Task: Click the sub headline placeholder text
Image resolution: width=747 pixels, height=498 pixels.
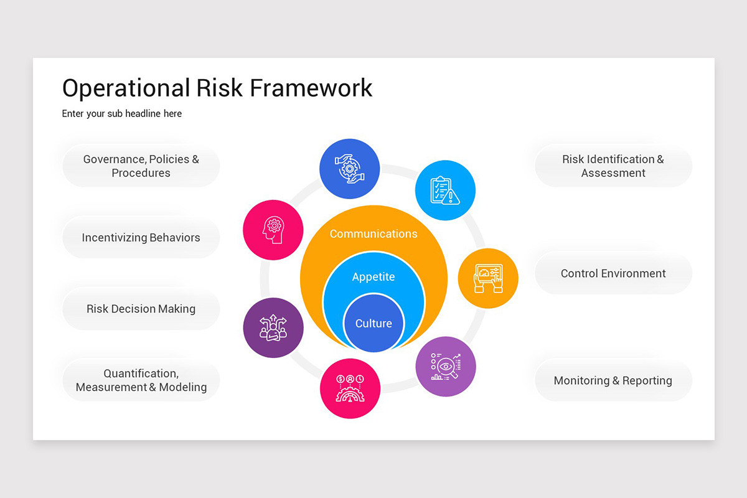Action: click(122, 114)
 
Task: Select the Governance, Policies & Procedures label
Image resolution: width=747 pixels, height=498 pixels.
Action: click(141, 166)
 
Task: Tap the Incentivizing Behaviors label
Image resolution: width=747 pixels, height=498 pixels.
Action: click(141, 238)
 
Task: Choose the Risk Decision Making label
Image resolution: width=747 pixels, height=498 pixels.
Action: click(141, 309)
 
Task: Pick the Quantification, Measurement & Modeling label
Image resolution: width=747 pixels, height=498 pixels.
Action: click(141, 380)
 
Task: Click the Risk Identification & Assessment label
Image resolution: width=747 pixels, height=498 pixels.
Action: click(613, 166)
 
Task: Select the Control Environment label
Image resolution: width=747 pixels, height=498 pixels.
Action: click(613, 273)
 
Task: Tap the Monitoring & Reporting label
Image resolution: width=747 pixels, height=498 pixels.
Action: click(613, 380)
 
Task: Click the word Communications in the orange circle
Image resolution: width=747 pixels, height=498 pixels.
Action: click(374, 234)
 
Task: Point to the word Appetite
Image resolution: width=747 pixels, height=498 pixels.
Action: click(374, 277)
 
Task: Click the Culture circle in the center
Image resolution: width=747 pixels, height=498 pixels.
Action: click(374, 324)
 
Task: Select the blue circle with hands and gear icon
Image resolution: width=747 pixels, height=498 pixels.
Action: click(349, 169)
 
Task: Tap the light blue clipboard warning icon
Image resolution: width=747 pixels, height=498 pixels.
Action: click(445, 190)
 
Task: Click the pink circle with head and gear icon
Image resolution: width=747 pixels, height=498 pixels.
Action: click(273, 230)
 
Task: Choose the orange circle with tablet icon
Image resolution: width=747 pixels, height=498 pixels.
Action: click(488, 278)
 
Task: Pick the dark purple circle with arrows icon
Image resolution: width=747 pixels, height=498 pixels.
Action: click(273, 328)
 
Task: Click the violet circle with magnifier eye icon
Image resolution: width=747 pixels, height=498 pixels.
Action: click(446, 367)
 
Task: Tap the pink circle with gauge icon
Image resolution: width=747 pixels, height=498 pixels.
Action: click(350, 388)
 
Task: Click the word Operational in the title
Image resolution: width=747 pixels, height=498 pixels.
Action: click(126, 88)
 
